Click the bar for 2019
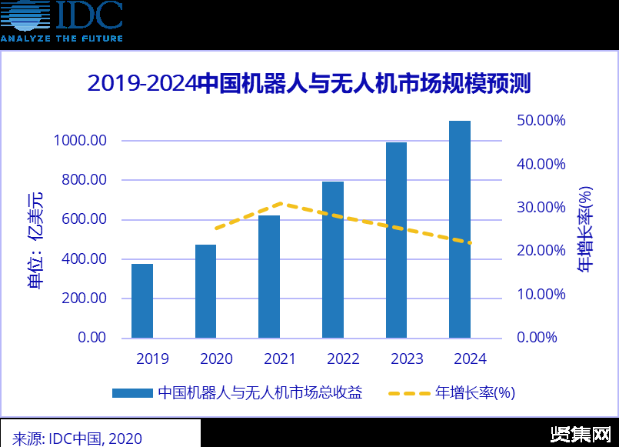coord(142,301)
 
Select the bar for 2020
coord(205,292)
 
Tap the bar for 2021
coord(269,277)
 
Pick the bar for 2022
coord(333,260)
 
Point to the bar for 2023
coord(396,240)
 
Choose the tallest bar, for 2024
coord(460,229)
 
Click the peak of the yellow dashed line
coord(281,203)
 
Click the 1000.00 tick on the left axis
coord(80,141)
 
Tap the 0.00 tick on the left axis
coord(91,338)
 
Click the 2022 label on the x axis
coord(343,359)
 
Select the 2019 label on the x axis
coord(152,359)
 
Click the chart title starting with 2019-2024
coord(309,83)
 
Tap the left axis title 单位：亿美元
coord(36,238)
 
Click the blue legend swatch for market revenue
coord(131,393)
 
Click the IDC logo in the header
coord(62,21)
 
